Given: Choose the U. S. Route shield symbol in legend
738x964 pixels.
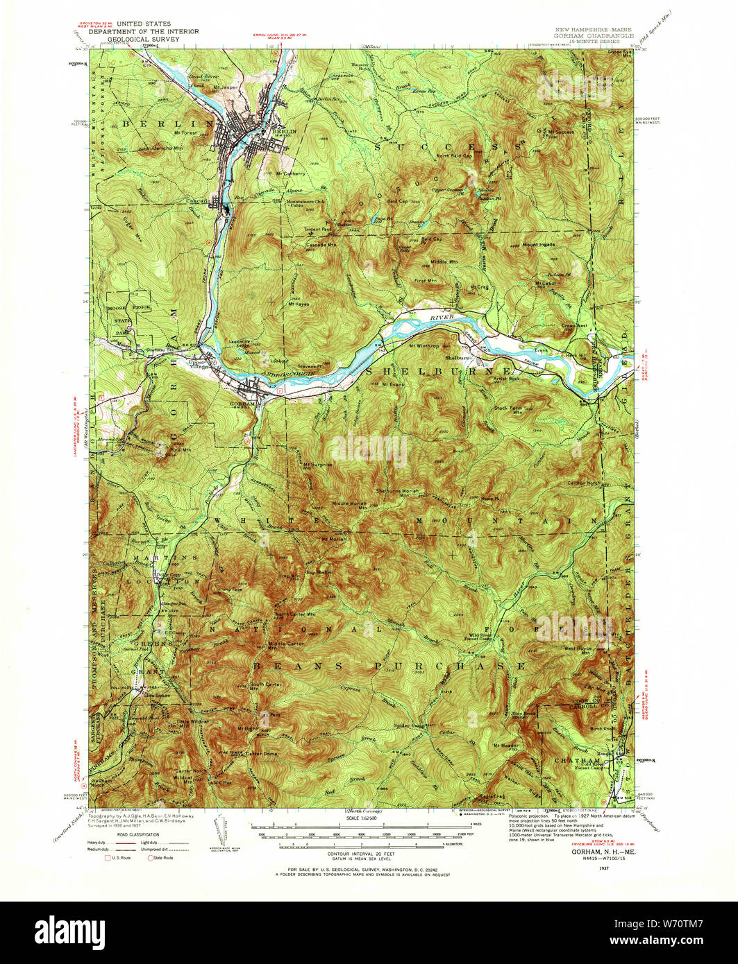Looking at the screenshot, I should (108, 858).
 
